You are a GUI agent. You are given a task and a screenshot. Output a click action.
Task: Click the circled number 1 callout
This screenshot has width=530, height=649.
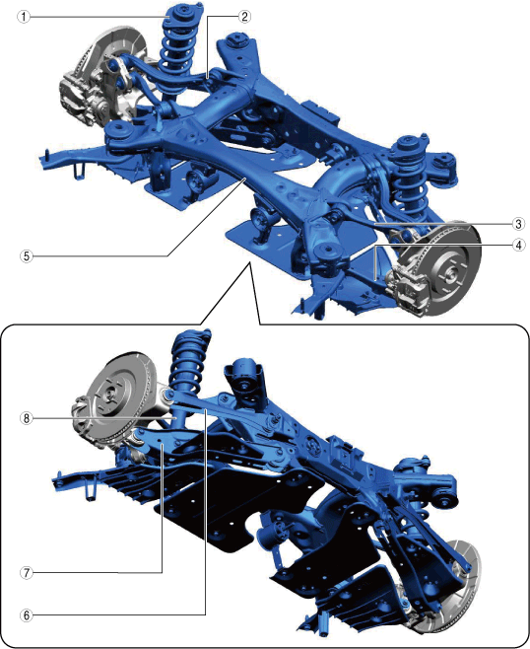click(x=24, y=17)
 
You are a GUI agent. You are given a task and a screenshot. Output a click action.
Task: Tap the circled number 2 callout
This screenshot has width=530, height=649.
click(x=244, y=16)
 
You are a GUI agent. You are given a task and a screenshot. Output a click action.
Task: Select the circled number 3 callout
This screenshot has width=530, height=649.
click(x=518, y=224)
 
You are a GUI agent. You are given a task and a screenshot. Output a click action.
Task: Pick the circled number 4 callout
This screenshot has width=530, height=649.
click(x=518, y=245)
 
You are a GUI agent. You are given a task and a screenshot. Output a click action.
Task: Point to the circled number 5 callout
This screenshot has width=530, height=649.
click(x=27, y=255)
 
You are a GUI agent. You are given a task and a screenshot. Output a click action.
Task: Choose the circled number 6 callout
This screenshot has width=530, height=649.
click(x=27, y=615)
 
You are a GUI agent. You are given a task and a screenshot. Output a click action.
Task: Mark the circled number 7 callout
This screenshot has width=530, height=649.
click(x=27, y=573)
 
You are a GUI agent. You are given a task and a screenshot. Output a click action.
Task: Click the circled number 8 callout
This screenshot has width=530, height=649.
click(x=27, y=418)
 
